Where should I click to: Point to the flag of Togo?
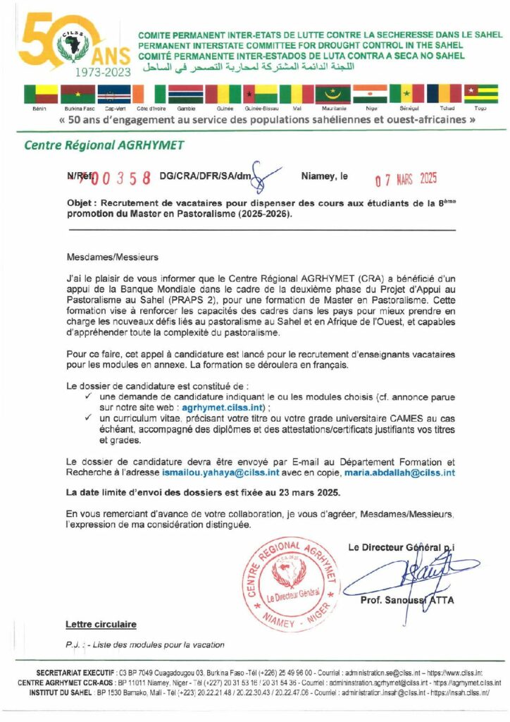(481, 94)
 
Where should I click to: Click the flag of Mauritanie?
(332, 94)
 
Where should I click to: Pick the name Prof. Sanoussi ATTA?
(406, 600)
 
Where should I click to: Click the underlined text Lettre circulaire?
(101, 624)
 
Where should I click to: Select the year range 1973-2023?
(102, 71)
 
